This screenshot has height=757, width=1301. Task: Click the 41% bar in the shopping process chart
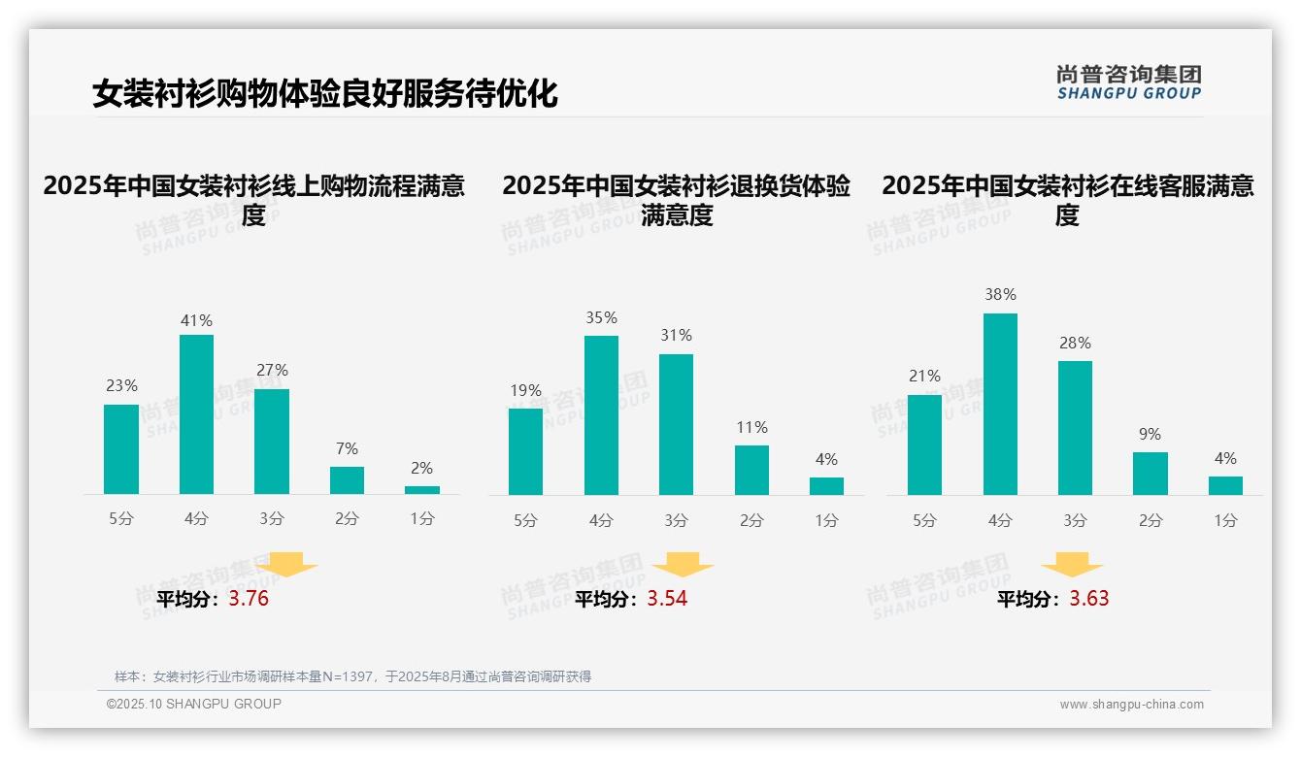click(196, 414)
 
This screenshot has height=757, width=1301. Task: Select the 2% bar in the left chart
click(422, 490)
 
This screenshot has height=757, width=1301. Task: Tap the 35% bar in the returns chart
click(601, 415)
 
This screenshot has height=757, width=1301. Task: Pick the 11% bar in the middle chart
click(751, 471)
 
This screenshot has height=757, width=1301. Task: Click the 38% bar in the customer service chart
click(1000, 404)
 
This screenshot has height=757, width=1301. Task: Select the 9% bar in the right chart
click(1151, 474)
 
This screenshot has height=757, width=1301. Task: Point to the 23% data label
click(121, 386)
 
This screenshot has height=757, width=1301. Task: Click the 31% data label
click(676, 336)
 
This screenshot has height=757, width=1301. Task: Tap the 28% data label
click(1075, 344)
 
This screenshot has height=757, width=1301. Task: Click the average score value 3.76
click(249, 599)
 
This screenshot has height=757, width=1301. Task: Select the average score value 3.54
click(667, 599)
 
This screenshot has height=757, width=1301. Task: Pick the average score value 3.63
click(1089, 599)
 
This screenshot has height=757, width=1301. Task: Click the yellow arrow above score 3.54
click(683, 565)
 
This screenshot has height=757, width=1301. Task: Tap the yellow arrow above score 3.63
click(1072, 565)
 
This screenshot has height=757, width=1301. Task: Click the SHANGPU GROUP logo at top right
click(1128, 82)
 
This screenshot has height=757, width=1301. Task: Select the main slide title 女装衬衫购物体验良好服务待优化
click(325, 94)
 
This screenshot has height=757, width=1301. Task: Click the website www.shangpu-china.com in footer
click(1131, 705)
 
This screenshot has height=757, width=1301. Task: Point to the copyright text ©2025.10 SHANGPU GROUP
click(194, 704)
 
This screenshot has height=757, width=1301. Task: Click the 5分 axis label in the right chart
click(924, 521)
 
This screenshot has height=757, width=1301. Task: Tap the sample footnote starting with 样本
click(352, 676)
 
